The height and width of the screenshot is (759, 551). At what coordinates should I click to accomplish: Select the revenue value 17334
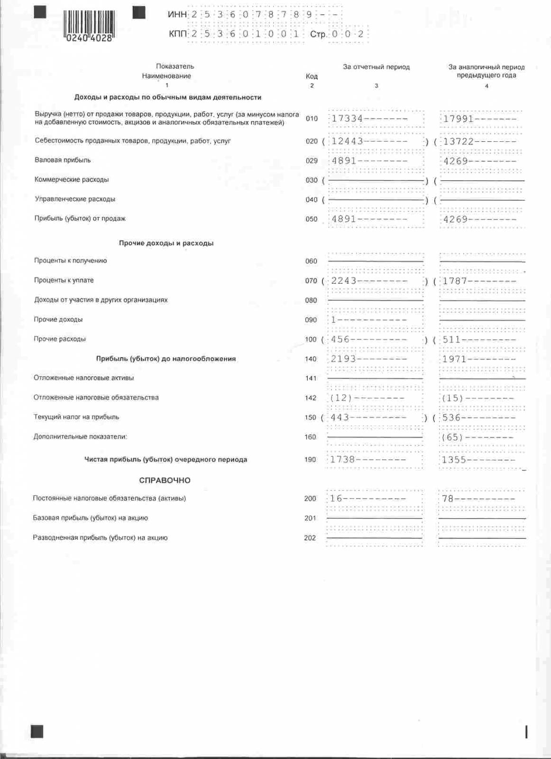[347, 119]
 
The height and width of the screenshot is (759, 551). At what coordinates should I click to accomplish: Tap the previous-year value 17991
[459, 119]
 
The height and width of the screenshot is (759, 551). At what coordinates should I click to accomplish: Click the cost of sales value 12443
[347, 141]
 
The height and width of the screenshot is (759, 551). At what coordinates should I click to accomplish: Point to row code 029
[312, 161]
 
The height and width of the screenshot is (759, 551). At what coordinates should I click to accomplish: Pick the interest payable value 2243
[344, 281]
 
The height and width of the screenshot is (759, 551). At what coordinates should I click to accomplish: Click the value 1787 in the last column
[455, 281]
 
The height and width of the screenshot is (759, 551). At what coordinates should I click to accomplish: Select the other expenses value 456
[340, 340]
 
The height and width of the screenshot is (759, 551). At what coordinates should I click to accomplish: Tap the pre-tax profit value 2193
[343, 359]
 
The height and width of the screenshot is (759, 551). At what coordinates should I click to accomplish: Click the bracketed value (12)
[341, 398]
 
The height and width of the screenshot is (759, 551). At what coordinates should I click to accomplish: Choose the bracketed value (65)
[452, 437]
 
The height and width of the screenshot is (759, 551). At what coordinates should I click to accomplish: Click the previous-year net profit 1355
[454, 460]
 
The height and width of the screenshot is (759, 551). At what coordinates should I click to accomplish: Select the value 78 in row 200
[448, 499]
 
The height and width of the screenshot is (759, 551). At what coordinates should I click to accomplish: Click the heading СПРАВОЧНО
[165, 481]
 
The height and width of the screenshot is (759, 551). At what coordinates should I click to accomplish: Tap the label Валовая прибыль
[63, 160]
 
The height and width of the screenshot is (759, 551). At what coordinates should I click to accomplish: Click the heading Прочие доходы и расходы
[166, 243]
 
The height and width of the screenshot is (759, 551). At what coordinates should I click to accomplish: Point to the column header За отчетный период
[376, 67]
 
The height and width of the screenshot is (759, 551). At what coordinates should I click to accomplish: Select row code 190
[310, 460]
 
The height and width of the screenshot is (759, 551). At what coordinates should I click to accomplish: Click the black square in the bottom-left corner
[37, 731]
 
